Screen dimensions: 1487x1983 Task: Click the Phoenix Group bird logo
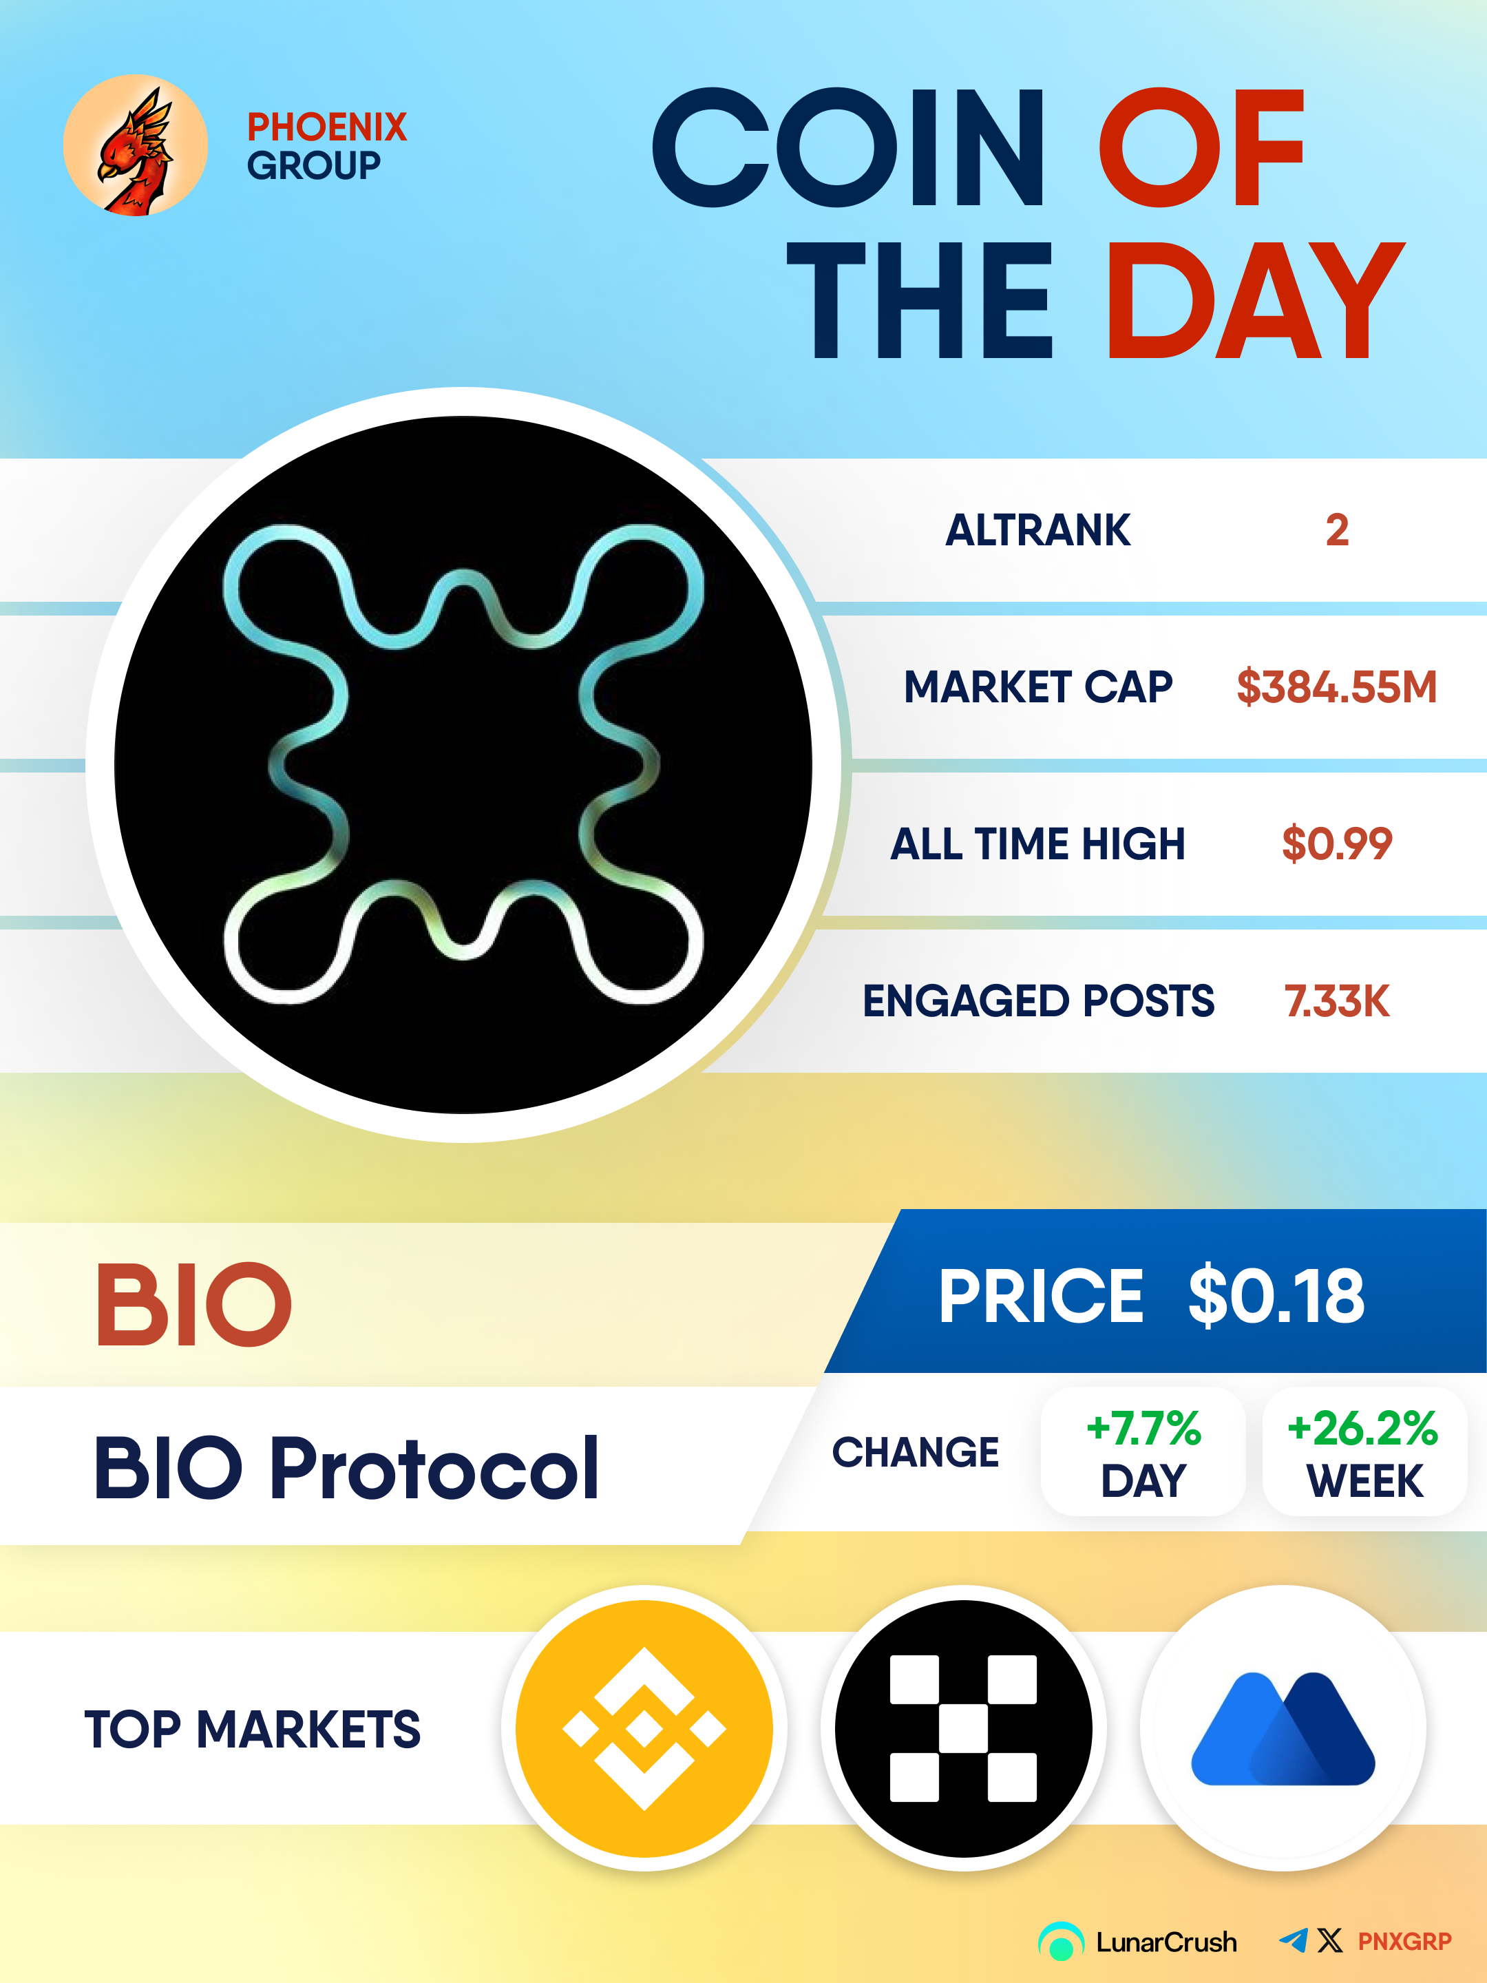coord(136,145)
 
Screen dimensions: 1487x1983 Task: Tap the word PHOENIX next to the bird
coord(327,127)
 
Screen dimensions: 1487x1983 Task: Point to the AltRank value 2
coord(1336,529)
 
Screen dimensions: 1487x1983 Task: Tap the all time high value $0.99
coord(1336,843)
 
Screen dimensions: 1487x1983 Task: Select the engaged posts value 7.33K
coord(1336,1000)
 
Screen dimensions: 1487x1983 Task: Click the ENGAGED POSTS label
coord(1038,1000)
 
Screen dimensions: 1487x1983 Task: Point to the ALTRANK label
coord(1038,529)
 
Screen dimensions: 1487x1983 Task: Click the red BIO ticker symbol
coord(193,1303)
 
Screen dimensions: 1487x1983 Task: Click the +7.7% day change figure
coord(1143,1428)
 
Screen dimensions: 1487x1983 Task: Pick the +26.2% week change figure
coord(1363,1428)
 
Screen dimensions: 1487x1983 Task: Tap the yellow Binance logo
coord(644,1728)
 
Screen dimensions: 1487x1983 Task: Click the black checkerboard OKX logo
coord(964,1728)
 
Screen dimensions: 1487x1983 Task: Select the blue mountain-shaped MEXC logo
coord(1283,1728)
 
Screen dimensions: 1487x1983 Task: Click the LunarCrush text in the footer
coord(1166,1942)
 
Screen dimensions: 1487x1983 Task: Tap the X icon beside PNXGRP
coord(1330,1940)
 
